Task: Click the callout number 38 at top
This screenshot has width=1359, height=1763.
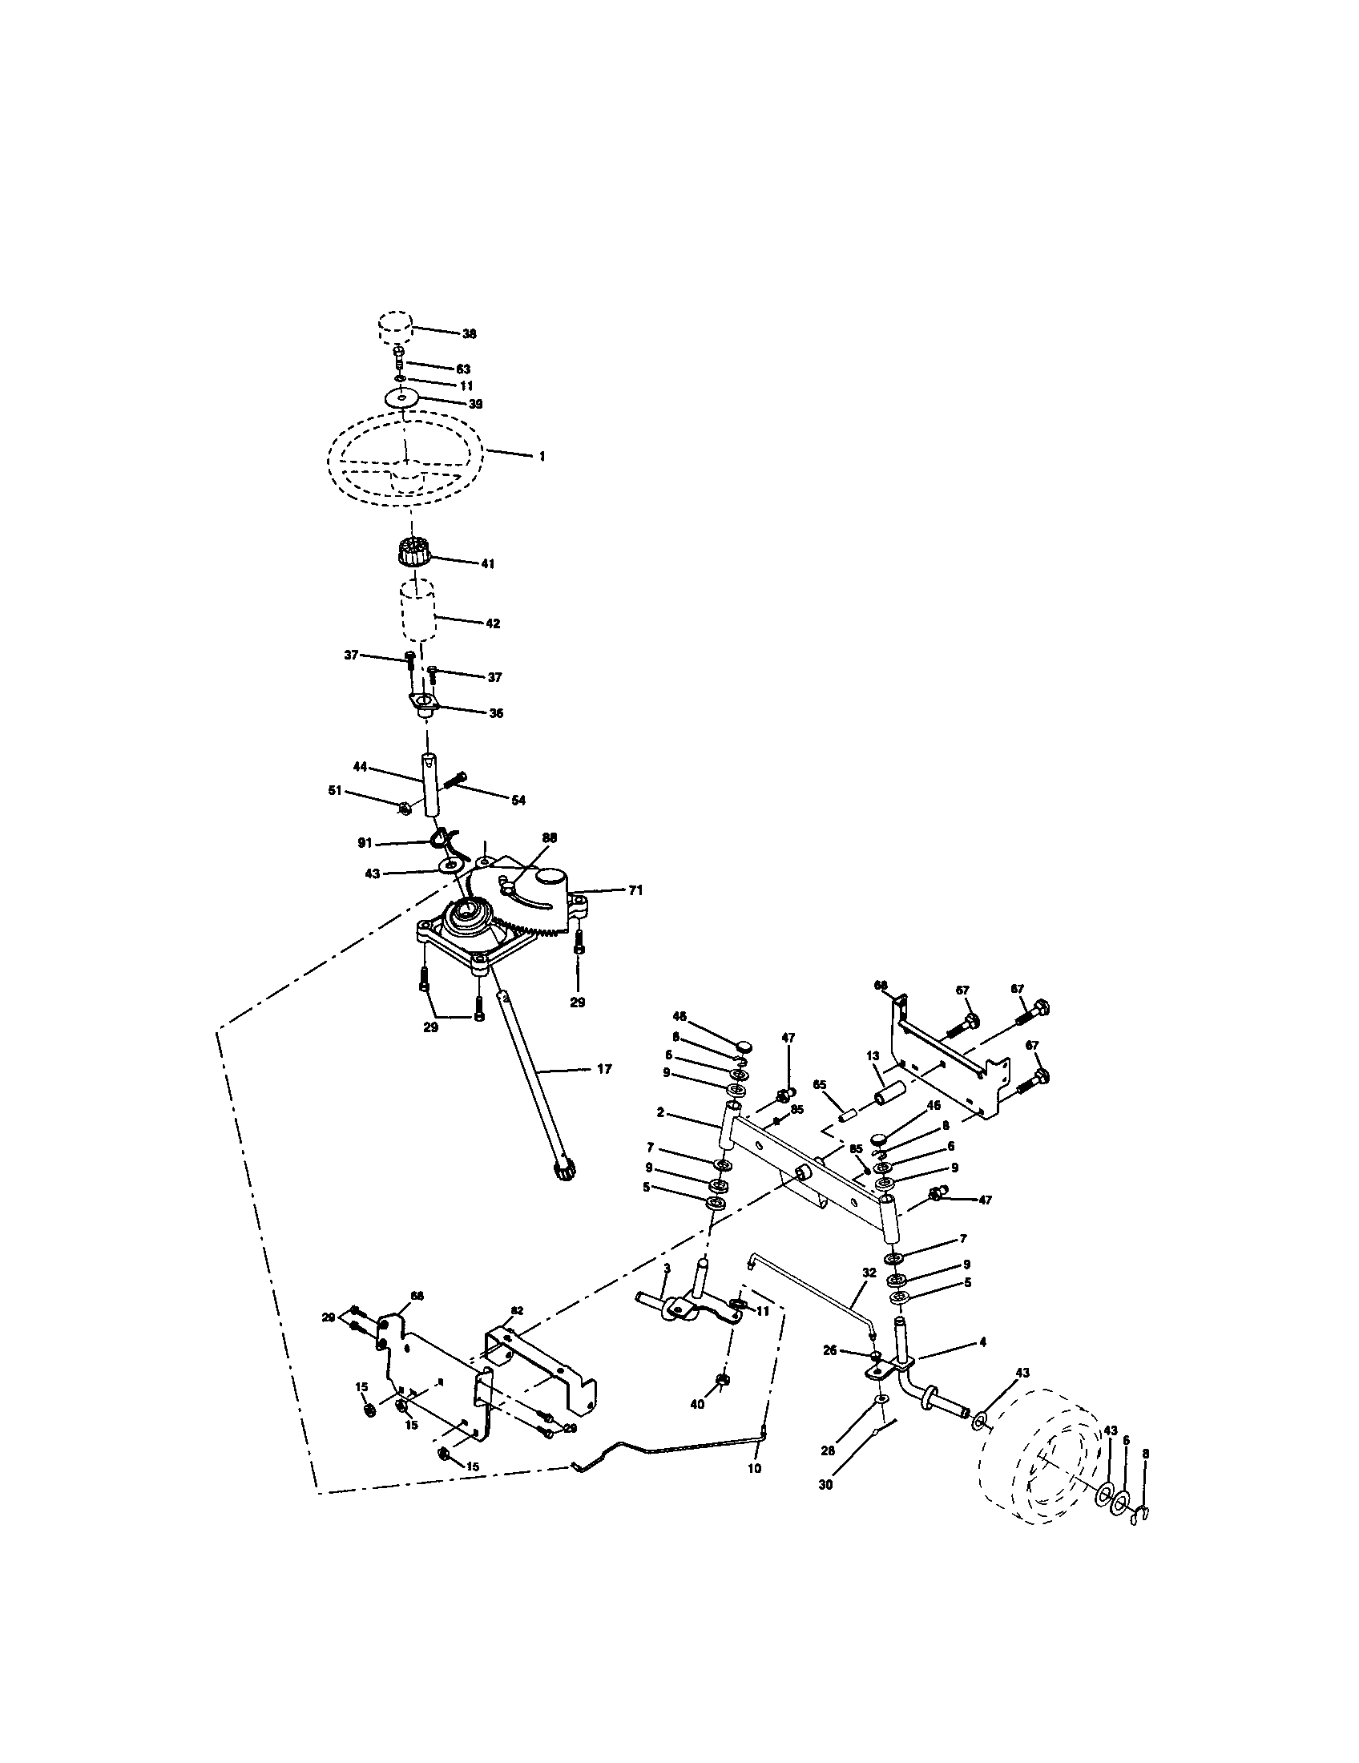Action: (469, 333)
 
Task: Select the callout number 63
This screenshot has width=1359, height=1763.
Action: (463, 369)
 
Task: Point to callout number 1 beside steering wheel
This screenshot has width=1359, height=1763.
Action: (542, 457)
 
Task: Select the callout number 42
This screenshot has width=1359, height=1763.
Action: (492, 623)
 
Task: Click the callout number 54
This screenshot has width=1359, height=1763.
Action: (518, 800)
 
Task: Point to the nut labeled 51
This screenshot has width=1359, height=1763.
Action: (406, 805)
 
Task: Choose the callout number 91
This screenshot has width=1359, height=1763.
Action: (365, 843)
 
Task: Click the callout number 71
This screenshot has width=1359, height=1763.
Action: (636, 890)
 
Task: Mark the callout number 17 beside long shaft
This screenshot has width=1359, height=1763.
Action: (603, 1069)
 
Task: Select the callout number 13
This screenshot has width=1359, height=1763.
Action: (872, 1055)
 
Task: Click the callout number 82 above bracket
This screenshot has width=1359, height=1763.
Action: (517, 1309)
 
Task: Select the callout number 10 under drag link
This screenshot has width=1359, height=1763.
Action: (754, 1468)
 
